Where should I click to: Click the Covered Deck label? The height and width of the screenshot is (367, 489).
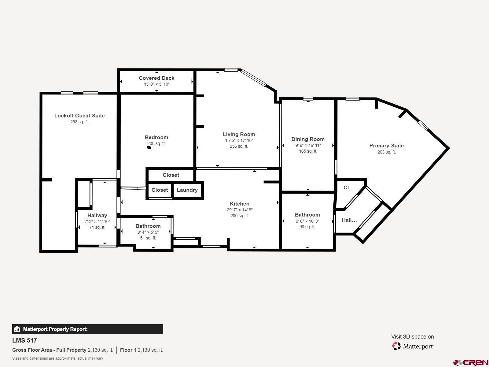[156, 78]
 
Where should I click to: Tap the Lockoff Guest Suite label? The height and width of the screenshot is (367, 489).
[79, 116]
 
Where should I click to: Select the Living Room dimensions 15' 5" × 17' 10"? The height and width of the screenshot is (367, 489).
[239, 140]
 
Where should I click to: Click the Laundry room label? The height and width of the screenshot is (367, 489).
[187, 190]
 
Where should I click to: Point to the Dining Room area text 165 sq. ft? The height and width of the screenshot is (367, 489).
[308, 151]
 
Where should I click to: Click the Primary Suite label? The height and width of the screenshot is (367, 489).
[386, 146]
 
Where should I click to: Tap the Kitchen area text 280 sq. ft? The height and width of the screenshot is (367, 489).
[239, 216]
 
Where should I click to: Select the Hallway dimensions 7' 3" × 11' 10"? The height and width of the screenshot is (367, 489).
[97, 221]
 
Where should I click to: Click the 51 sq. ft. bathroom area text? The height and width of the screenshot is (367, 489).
[148, 238]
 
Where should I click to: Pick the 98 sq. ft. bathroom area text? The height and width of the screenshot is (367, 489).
[307, 227]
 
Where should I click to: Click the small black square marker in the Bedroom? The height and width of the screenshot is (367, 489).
[149, 148]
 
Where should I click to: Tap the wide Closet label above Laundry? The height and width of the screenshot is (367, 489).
[171, 175]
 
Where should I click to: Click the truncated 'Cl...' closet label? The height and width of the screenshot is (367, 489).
[349, 187]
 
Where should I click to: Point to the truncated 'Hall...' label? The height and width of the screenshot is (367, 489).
[349, 220]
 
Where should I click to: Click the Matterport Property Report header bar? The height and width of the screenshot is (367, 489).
[87, 329]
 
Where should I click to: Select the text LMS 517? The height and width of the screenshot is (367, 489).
[24, 340]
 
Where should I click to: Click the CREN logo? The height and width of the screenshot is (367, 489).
[471, 363]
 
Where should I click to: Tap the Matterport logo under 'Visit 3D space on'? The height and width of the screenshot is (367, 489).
[413, 346]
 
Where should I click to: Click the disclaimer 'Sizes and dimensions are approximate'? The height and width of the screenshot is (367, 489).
[57, 358]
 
